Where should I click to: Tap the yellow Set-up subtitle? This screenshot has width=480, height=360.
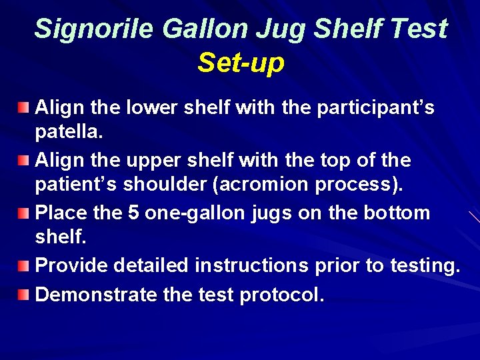pyautogui.click(x=241, y=63)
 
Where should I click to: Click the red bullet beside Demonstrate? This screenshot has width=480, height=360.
pyautogui.click(x=24, y=294)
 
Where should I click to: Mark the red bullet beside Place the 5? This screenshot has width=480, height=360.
pyautogui.click(x=24, y=213)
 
